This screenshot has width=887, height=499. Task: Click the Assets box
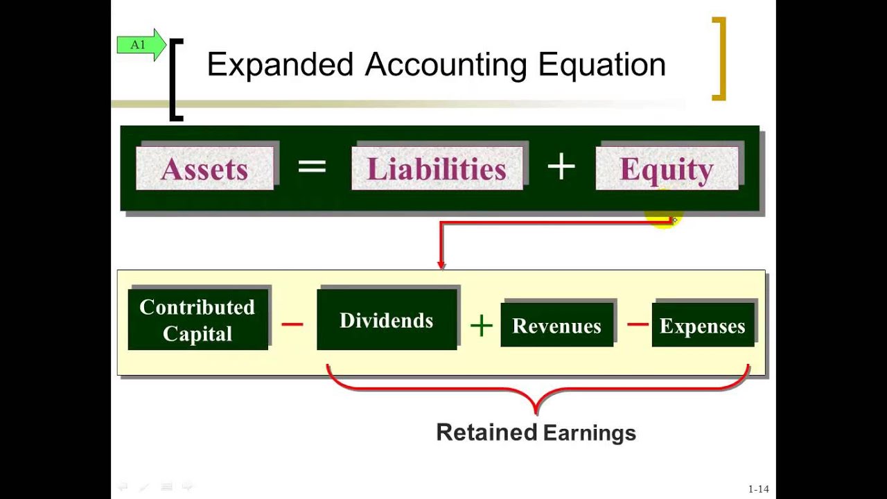pyautogui.click(x=205, y=168)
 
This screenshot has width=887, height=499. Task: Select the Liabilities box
pyautogui.click(x=437, y=168)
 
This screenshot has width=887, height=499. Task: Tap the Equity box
pyautogui.click(x=667, y=168)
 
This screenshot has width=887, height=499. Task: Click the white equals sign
pyautogui.click(x=312, y=167)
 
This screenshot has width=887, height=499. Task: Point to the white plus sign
pyautogui.click(x=561, y=167)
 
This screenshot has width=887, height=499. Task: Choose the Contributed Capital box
pyautogui.click(x=197, y=320)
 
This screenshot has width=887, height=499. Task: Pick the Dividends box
pyautogui.click(x=387, y=320)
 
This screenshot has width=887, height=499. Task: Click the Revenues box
pyautogui.click(x=556, y=326)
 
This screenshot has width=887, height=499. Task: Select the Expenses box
pyautogui.click(x=703, y=326)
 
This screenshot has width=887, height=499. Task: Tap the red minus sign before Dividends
pyautogui.click(x=292, y=324)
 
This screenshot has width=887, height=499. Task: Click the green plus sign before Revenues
pyautogui.click(x=481, y=325)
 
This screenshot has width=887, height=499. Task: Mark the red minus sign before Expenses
pyautogui.click(x=637, y=324)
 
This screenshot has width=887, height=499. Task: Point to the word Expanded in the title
pyautogui.click(x=280, y=64)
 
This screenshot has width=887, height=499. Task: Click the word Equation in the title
pyautogui.click(x=601, y=64)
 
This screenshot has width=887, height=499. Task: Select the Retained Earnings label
pyautogui.click(x=536, y=432)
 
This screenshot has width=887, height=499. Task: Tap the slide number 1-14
pyautogui.click(x=758, y=489)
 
